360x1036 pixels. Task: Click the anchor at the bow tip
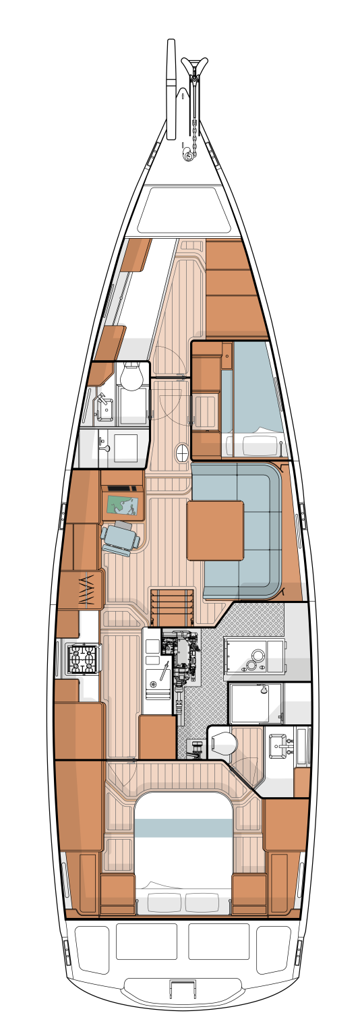click(194, 67)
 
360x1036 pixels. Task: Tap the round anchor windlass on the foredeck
click(188, 156)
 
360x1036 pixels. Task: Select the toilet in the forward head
click(132, 377)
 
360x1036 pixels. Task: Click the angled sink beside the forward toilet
click(104, 407)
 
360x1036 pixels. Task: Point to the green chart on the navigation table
click(123, 505)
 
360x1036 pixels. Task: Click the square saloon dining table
click(215, 530)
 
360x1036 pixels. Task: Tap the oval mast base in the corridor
click(182, 453)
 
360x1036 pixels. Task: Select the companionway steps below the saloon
click(172, 607)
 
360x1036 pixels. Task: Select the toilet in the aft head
click(224, 744)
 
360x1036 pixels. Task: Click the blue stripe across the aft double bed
click(183, 828)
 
